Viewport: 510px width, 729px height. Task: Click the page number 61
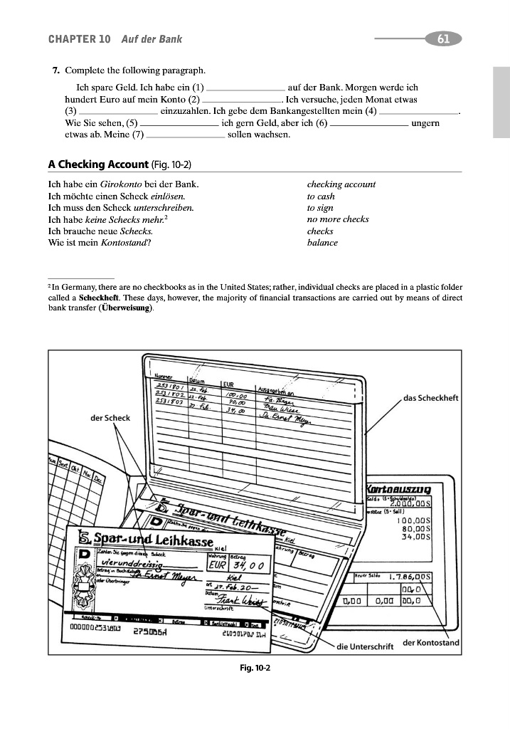pos(443,39)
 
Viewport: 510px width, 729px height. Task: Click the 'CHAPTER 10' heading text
pos(79,39)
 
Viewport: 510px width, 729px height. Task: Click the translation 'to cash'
pos(321,196)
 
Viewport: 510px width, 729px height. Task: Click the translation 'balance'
pos(322,242)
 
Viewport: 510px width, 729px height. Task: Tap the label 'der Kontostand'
pos(431,643)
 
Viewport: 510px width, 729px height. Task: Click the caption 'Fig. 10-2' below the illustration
pos(255,668)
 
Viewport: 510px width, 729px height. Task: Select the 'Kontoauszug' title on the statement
pos(405,488)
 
